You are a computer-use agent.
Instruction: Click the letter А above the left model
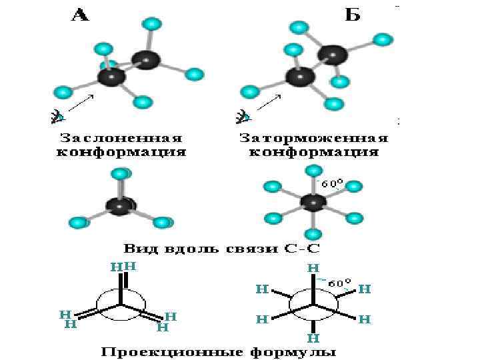coord(80,15)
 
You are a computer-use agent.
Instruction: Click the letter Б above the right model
coord(352,15)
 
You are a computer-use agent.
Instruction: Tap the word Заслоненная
coord(121,139)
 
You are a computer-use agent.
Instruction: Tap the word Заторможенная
coord(313,139)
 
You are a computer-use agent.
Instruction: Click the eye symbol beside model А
coord(58,117)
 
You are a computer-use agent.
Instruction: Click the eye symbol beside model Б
coord(244,117)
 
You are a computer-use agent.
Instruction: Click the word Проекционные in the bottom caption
coord(167,350)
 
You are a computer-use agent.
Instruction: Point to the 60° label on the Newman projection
coord(339,283)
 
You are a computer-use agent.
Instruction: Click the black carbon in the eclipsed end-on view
coord(121,206)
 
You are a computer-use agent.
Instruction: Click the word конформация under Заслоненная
coord(119,153)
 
